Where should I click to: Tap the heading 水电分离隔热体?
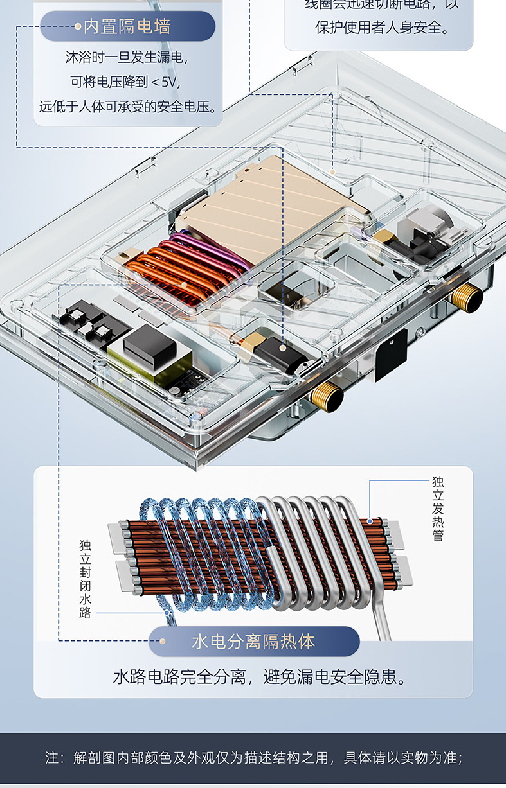[x=253, y=641]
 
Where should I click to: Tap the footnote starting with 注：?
[x=253, y=757]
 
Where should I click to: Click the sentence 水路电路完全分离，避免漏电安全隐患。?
[x=260, y=676]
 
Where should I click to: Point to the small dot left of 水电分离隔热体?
[x=163, y=641]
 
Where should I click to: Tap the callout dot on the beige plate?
[x=332, y=172]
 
